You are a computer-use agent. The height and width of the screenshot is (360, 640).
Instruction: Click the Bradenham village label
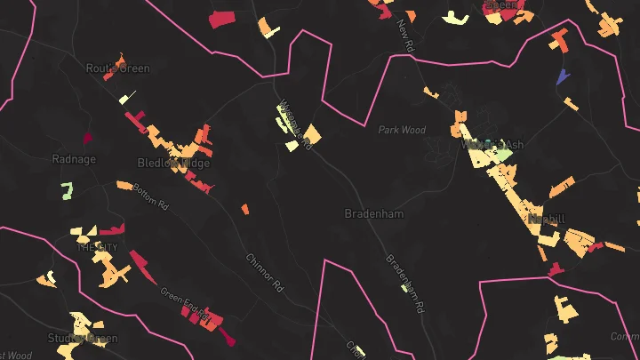tap(374, 214)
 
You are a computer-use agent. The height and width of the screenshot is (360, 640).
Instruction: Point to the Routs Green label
tap(118, 68)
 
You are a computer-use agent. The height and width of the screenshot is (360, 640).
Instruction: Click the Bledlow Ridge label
tap(173, 164)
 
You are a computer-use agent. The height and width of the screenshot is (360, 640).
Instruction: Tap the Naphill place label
tap(547, 219)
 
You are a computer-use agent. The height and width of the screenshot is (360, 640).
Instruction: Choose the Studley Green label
tap(82, 339)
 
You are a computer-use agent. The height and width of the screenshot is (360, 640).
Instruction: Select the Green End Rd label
tap(184, 302)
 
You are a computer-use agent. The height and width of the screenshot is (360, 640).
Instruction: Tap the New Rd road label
tap(407, 34)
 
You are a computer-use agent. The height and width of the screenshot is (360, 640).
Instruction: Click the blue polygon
tap(563, 76)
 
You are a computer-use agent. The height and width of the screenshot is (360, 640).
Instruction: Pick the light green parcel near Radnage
tap(67, 189)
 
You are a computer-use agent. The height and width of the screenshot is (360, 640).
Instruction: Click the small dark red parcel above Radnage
tap(87, 138)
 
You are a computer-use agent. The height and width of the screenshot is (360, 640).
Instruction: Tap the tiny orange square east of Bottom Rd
tap(244, 210)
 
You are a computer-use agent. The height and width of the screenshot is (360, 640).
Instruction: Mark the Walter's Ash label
tap(486, 144)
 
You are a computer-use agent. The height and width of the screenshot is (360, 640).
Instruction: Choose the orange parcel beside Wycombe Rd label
tap(312, 135)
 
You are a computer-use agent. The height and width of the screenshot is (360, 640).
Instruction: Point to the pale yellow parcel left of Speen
tap(455, 18)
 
